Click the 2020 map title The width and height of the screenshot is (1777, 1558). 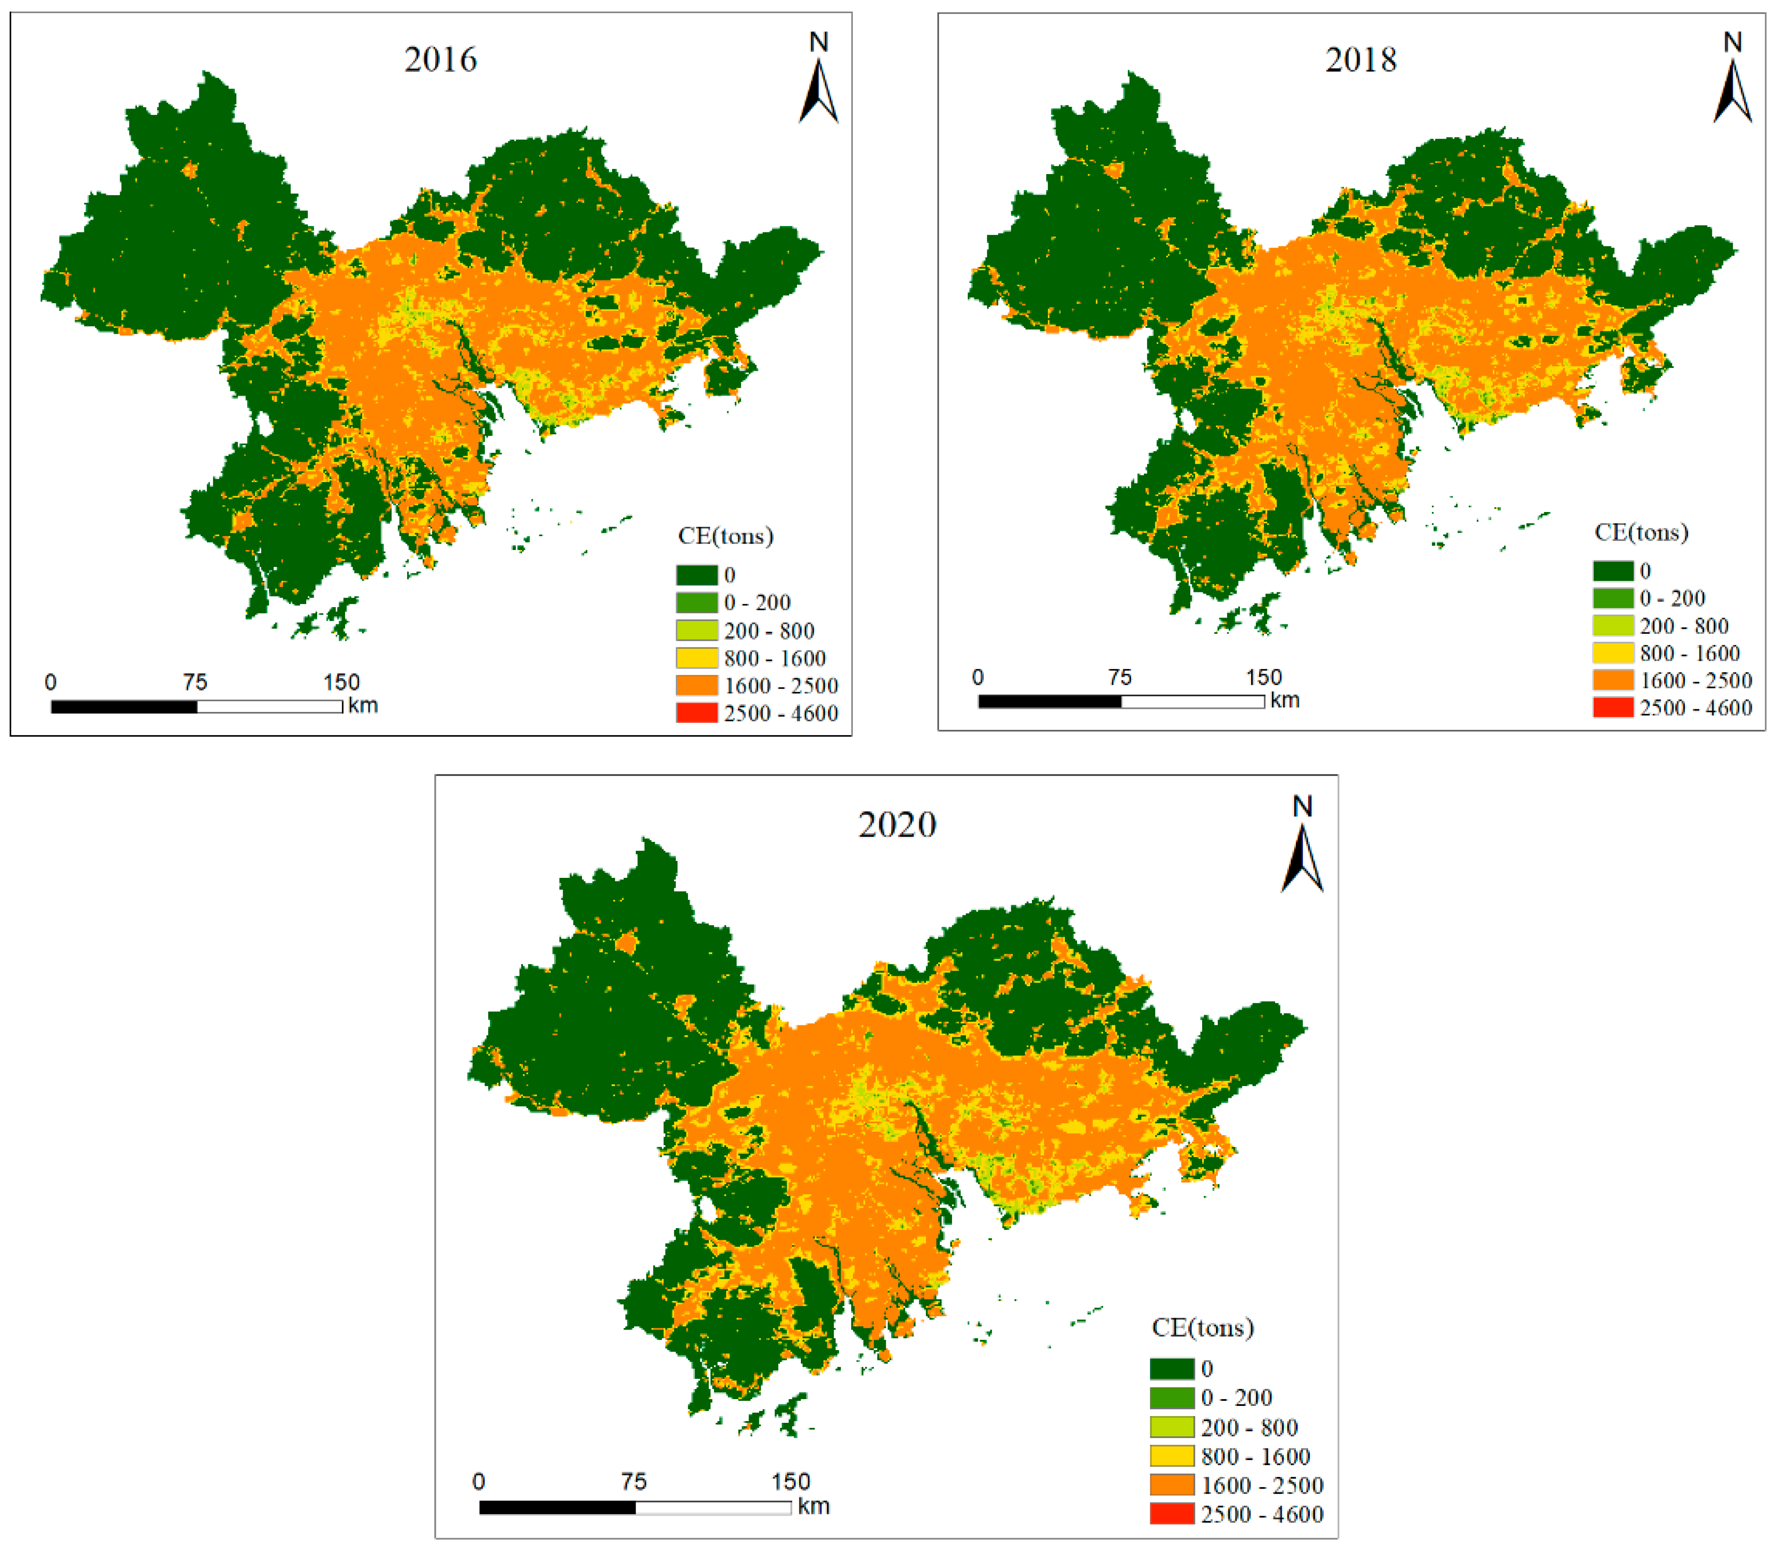(897, 824)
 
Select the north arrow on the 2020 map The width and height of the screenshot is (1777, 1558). (1302, 856)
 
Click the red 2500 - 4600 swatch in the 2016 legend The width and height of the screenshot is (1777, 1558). (697, 713)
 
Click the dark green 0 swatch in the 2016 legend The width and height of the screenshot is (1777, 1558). (697, 575)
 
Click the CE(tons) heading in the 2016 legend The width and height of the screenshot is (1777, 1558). (725, 536)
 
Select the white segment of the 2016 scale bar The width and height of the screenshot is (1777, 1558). (269, 707)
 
